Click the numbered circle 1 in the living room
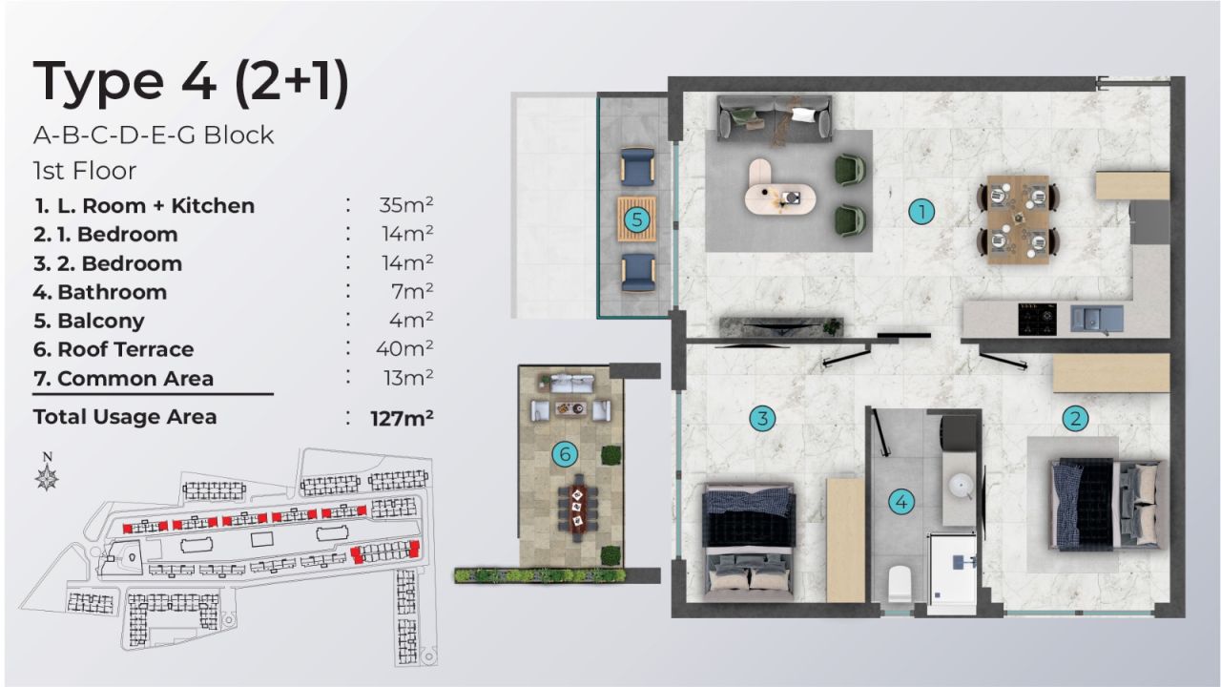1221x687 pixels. pyautogui.click(x=921, y=211)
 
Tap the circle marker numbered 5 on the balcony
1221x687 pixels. pyautogui.click(x=638, y=220)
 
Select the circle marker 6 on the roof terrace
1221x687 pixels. pyautogui.click(x=565, y=454)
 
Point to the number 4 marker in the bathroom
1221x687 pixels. pyautogui.click(x=901, y=501)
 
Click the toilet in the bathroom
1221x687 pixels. pyautogui.click(x=900, y=581)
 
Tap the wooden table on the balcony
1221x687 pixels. pyautogui.click(x=637, y=219)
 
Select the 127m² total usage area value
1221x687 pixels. pyautogui.click(x=403, y=417)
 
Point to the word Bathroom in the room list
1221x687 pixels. pyautogui.click(x=112, y=292)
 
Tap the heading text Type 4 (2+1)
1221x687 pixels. pyautogui.click(x=191, y=82)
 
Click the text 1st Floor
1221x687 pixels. pyautogui.click(x=85, y=171)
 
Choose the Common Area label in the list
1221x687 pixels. pyautogui.click(x=135, y=379)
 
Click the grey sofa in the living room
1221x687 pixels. pyautogui.click(x=774, y=116)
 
